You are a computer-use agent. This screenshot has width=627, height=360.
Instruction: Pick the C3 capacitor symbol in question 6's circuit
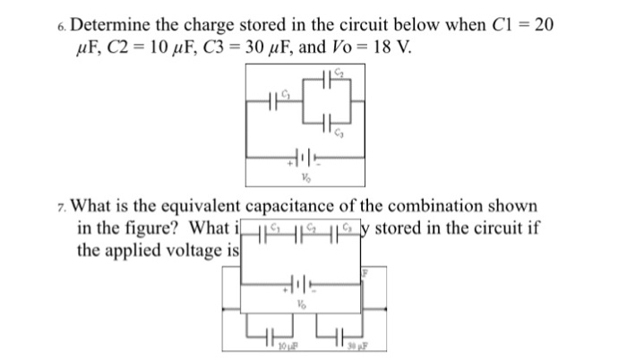[331, 123]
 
